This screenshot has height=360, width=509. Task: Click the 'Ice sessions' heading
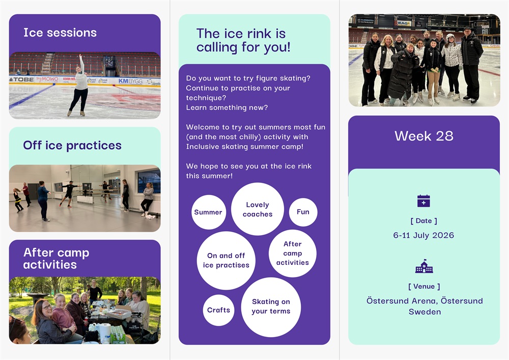click(x=60, y=33)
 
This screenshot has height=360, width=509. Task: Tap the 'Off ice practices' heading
click(x=72, y=146)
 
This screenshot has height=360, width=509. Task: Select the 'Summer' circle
click(x=208, y=212)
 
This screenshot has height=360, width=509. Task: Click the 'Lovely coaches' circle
click(x=258, y=209)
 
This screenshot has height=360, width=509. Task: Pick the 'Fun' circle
click(x=303, y=212)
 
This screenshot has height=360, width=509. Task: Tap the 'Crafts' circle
click(x=218, y=310)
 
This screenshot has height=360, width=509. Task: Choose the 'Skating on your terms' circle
click(x=271, y=307)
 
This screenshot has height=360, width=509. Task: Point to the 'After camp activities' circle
click(x=293, y=253)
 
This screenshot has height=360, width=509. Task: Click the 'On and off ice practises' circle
click(x=226, y=260)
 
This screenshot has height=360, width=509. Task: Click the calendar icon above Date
click(x=423, y=201)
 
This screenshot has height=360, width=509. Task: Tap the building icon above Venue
click(x=424, y=266)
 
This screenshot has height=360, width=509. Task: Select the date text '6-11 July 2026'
click(x=423, y=235)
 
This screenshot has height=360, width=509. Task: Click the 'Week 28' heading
click(x=424, y=136)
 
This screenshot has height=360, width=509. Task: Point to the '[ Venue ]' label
click(x=424, y=286)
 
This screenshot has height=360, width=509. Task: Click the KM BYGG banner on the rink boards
click(x=130, y=81)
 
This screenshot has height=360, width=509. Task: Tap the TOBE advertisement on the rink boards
click(x=21, y=79)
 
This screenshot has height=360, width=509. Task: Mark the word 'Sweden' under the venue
click(x=425, y=312)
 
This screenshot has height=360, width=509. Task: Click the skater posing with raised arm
click(x=79, y=86)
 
